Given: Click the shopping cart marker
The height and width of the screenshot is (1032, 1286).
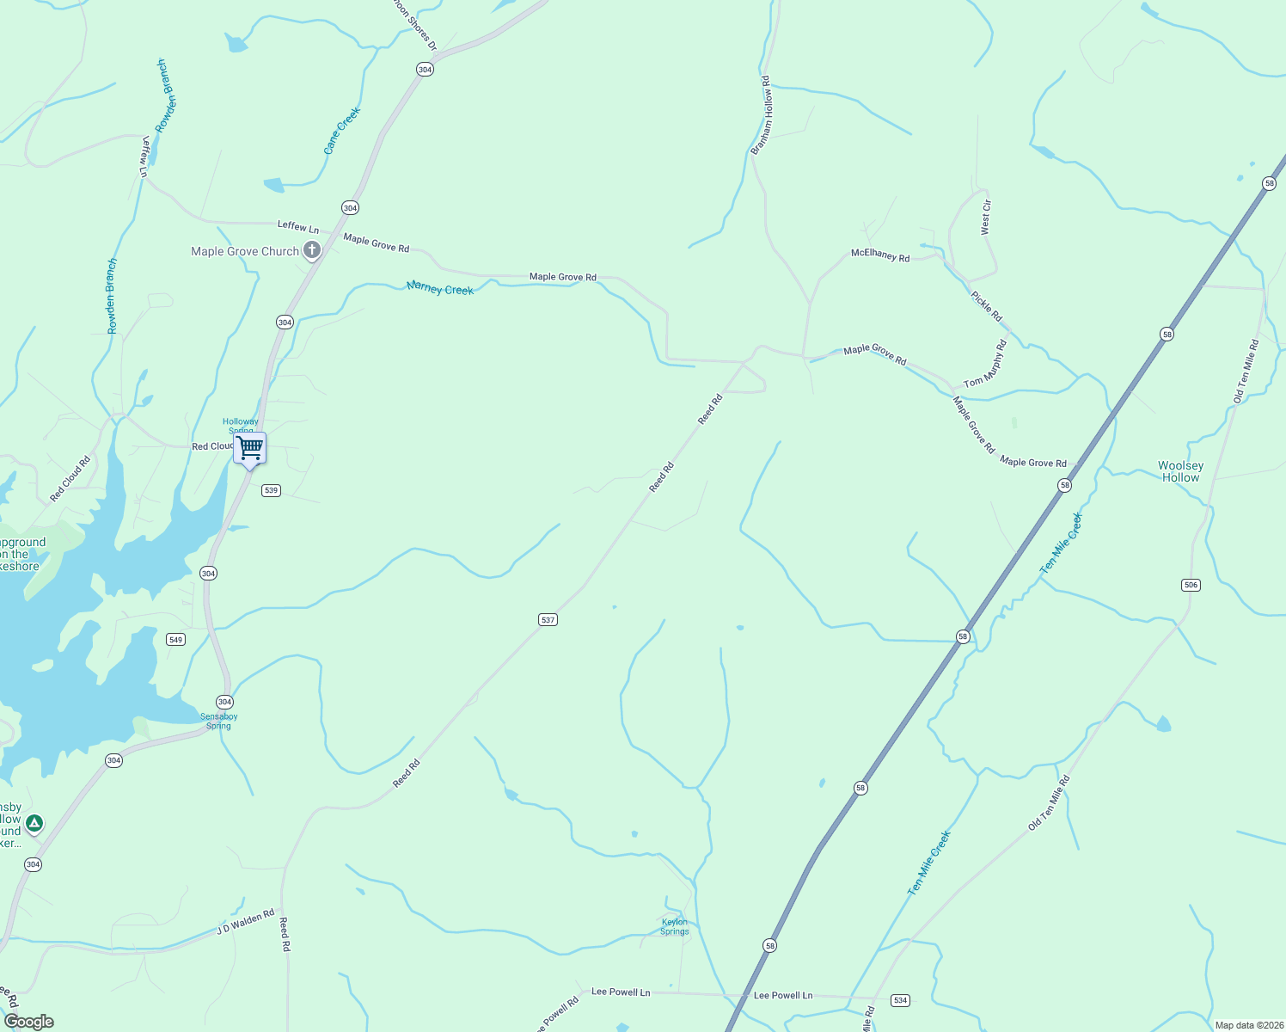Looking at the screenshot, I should click(249, 448).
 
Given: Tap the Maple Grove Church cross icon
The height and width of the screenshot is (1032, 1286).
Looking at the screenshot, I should click(312, 251).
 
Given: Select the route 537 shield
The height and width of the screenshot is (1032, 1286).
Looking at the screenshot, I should click(548, 619).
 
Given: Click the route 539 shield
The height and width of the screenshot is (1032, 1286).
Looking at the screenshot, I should click(271, 490).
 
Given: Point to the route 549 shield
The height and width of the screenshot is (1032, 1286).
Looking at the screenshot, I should click(175, 639).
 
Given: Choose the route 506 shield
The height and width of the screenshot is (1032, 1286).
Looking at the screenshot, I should click(1190, 585).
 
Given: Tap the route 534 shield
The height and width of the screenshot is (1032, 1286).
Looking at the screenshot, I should click(900, 1000).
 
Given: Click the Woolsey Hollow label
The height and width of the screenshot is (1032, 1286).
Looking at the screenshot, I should click(1180, 471).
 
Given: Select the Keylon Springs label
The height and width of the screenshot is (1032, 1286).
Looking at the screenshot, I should click(674, 927).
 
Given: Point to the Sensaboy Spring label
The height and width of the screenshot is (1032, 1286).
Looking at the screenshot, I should click(218, 721).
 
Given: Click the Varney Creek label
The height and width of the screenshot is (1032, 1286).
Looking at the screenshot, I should click(440, 288).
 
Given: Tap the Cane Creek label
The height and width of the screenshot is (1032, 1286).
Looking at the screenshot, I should click(341, 131).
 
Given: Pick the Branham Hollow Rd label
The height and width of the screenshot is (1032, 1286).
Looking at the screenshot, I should click(761, 115).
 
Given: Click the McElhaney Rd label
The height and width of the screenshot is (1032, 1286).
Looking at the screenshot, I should click(879, 255).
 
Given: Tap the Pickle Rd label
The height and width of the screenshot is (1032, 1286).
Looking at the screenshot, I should click(986, 306).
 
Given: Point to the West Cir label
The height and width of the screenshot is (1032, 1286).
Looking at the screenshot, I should click(986, 217).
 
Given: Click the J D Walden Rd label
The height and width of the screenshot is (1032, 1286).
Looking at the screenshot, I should click(245, 921).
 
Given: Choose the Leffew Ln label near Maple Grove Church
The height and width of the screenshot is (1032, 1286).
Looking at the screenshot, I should click(297, 226).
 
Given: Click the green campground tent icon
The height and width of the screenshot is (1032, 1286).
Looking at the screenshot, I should click(34, 824).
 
